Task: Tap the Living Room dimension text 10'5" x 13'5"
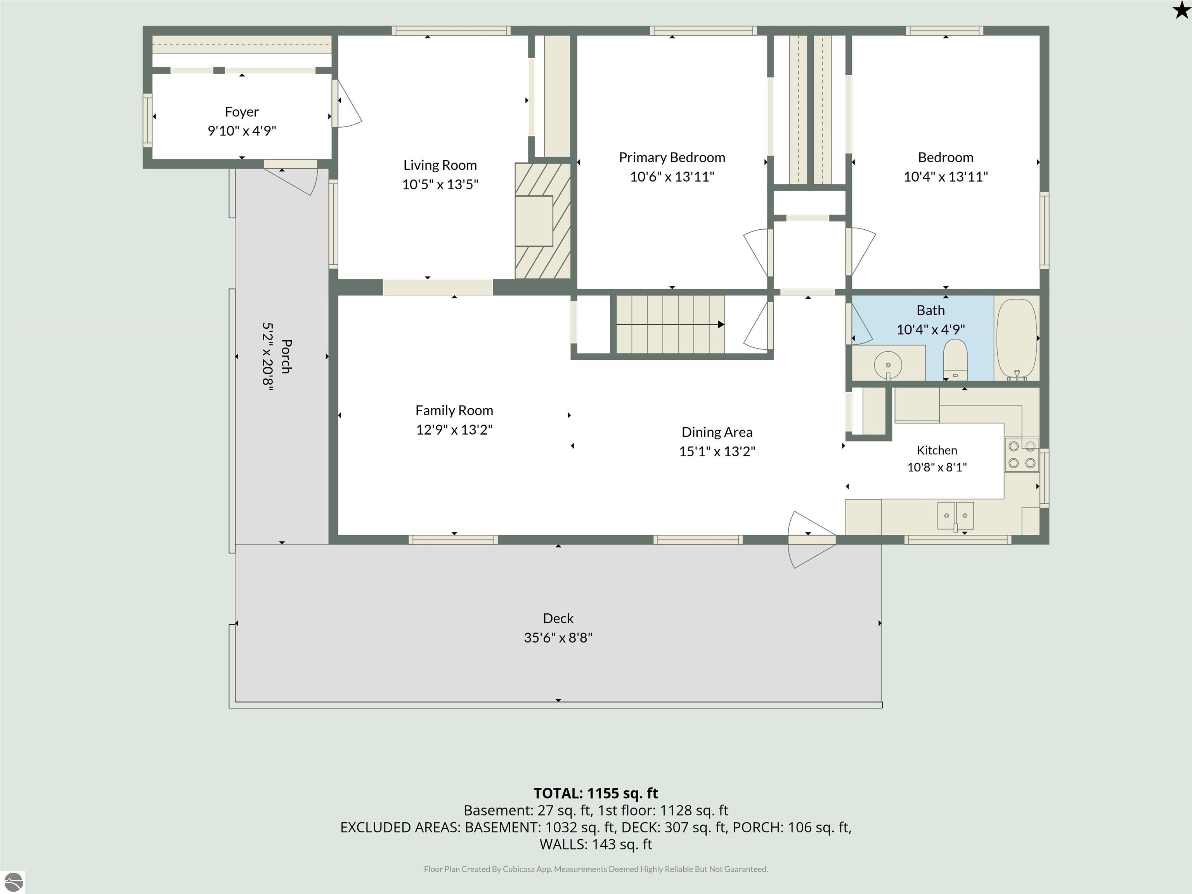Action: tap(440, 184)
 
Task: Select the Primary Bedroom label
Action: tap(672, 158)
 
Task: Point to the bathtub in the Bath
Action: tap(1016, 340)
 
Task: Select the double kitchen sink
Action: tap(955, 516)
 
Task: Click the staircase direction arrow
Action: tap(670, 324)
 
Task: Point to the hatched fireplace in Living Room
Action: tap(543, 221)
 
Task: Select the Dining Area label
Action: tap(717, 432)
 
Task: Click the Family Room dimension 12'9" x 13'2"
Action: tap(454, 430)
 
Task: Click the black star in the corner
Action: tap(1181, 10)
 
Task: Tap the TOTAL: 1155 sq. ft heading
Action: tap(596, 793)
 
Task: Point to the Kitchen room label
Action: tap(937, 450)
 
